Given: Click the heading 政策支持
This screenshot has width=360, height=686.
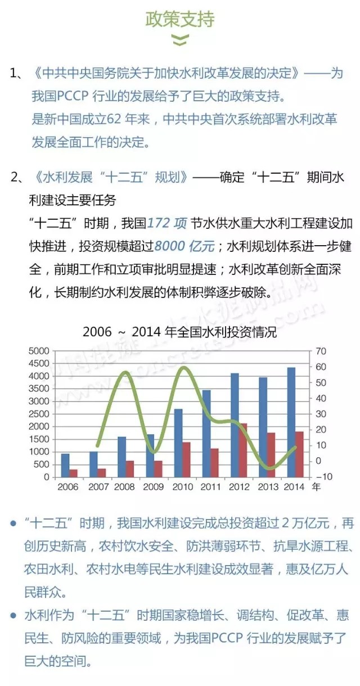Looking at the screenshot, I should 180,20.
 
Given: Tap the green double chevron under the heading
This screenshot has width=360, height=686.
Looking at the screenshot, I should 179,40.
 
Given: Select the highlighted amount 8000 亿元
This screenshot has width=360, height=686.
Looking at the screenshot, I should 184,246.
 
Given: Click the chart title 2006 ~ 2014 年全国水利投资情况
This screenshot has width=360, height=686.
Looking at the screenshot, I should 180,332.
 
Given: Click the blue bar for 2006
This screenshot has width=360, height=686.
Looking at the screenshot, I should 65,465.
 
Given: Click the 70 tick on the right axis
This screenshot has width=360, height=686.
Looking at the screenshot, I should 321,351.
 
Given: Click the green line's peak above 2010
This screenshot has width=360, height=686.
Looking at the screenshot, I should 183,368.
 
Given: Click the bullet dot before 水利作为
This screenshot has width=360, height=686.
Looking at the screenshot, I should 13,615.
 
